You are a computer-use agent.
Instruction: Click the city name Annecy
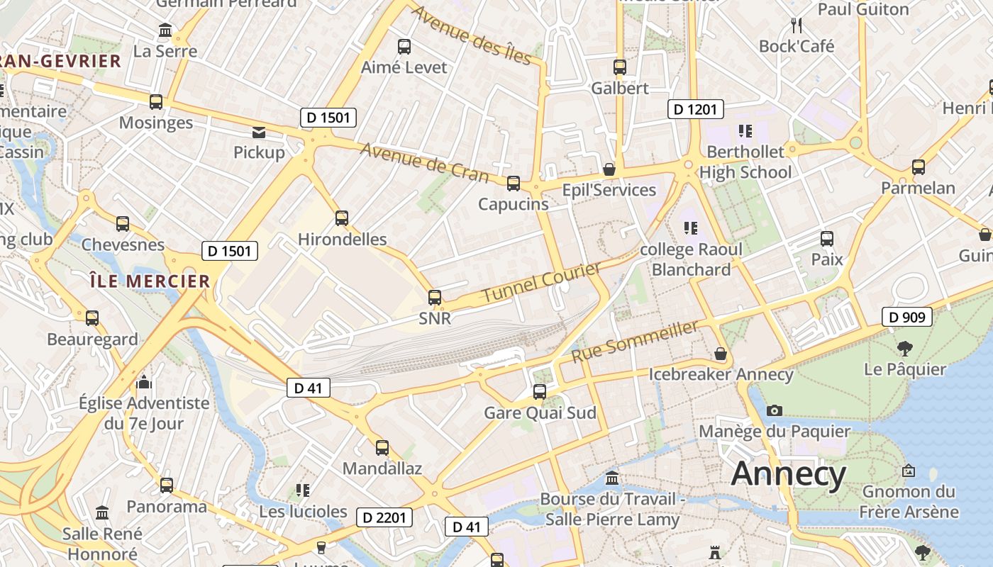pyautogui.click(x=789, y=473)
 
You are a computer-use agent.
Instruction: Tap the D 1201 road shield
pyautogui.click(x=696, y=109)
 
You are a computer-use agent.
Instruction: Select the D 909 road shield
pyautogui.click(x=907, y=317)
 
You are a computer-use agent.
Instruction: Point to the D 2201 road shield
pyautogui.click(x=384, y=517)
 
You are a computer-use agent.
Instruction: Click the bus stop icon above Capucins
pyautogui.click(x=514, y=184)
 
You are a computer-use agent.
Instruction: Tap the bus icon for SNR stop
pyautogui.click(x=435, y=298)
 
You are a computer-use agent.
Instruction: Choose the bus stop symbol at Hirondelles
pyautogui.click(x=342, y=218)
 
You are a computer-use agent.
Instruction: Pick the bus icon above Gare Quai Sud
pyautogui.click(x=540, y=391)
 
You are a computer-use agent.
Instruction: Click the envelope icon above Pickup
pyautogui.click(x=259, y=132)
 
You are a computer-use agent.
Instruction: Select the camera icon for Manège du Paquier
pyautogui.click(x=775, y=410)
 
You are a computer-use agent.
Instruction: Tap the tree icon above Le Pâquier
pyautogui.click(x=904, y=348)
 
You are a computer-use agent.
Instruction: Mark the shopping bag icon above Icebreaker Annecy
pyautogui.click(x=721, y=353)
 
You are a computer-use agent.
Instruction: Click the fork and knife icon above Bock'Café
pyautogui.click(x=797, y=26)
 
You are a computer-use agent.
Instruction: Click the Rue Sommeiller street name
pyautogui.click(x=635, y=341)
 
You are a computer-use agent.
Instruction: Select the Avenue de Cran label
pyautogui.click(x=424, y=162)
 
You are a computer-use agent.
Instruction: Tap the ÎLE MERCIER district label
pyautogui.click(x=150, y=281)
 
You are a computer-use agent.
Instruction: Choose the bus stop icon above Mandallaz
pyautogui.click(x=382, y=448)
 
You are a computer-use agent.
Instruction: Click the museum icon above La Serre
pyautogui.click(x=166, y=30)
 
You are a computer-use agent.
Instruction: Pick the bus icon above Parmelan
pyautogui.click(x=919, y=167)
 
